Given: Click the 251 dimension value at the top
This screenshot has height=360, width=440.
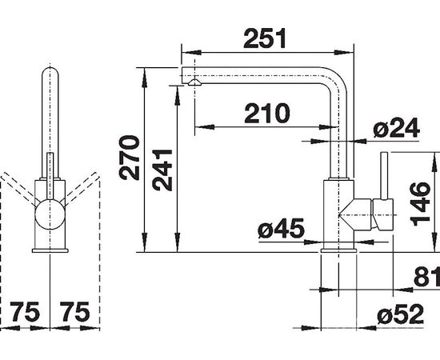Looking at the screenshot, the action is [265, 38].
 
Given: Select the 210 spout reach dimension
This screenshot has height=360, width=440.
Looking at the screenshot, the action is [267, 114].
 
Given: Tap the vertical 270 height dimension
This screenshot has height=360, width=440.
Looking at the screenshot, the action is [130, 158].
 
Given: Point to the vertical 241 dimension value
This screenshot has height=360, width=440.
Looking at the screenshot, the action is [162, 170].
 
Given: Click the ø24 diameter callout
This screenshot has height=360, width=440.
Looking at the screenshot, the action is [397, 128].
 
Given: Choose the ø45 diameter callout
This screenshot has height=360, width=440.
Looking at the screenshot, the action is [281, 228].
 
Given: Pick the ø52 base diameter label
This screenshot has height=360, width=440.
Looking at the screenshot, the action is [400, 314].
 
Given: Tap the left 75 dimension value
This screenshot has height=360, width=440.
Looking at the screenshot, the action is [25, 312].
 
